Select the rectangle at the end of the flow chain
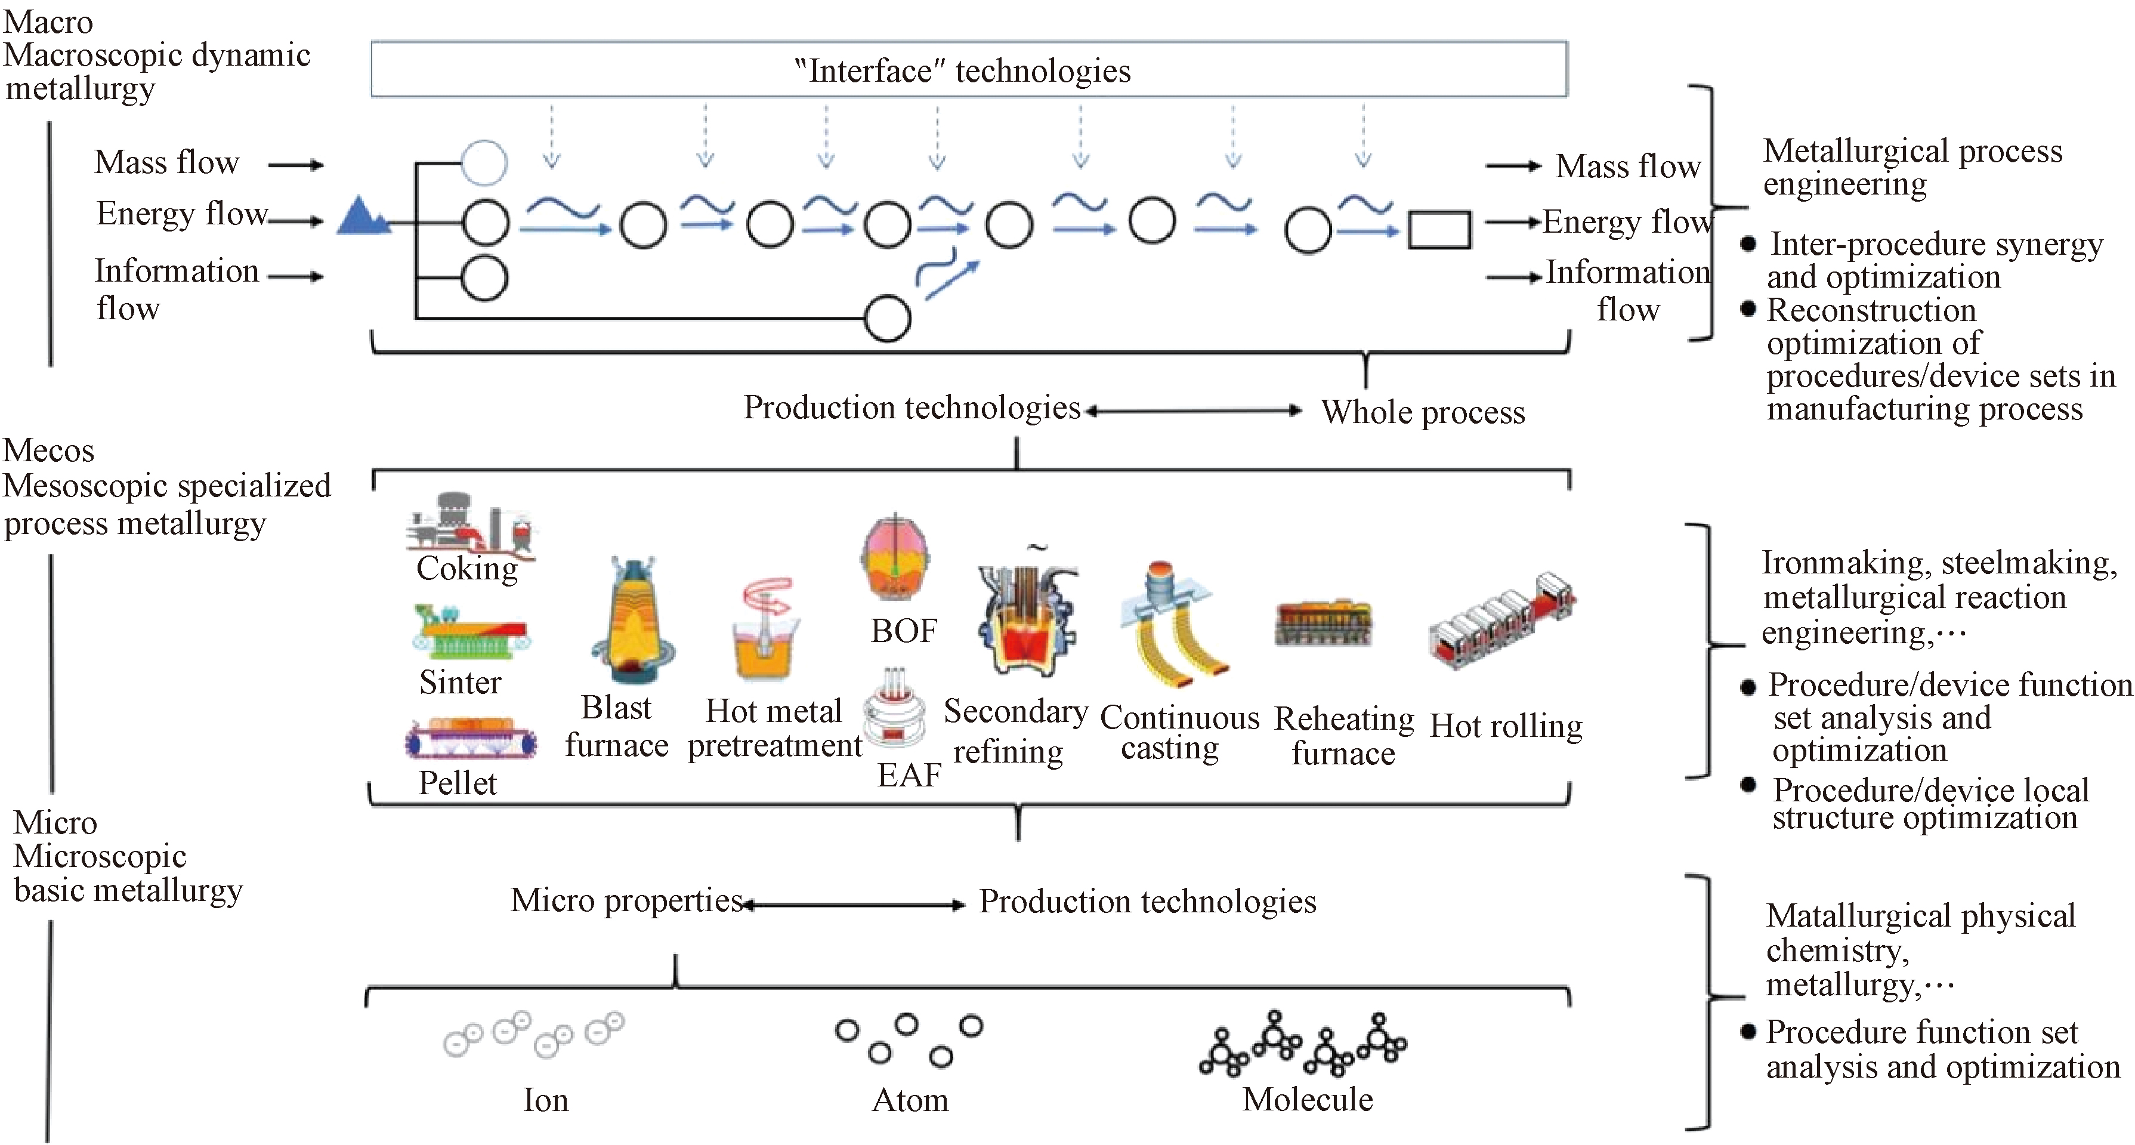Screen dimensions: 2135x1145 [x=1439, y=230]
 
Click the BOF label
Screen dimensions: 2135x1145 [x=903, y=631]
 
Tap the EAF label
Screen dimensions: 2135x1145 [x=909, y=774]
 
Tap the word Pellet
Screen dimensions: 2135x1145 [x=458, y=783]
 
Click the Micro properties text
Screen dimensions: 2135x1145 [x=626, y=900]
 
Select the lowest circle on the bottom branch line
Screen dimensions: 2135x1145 [x=888, y=319]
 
